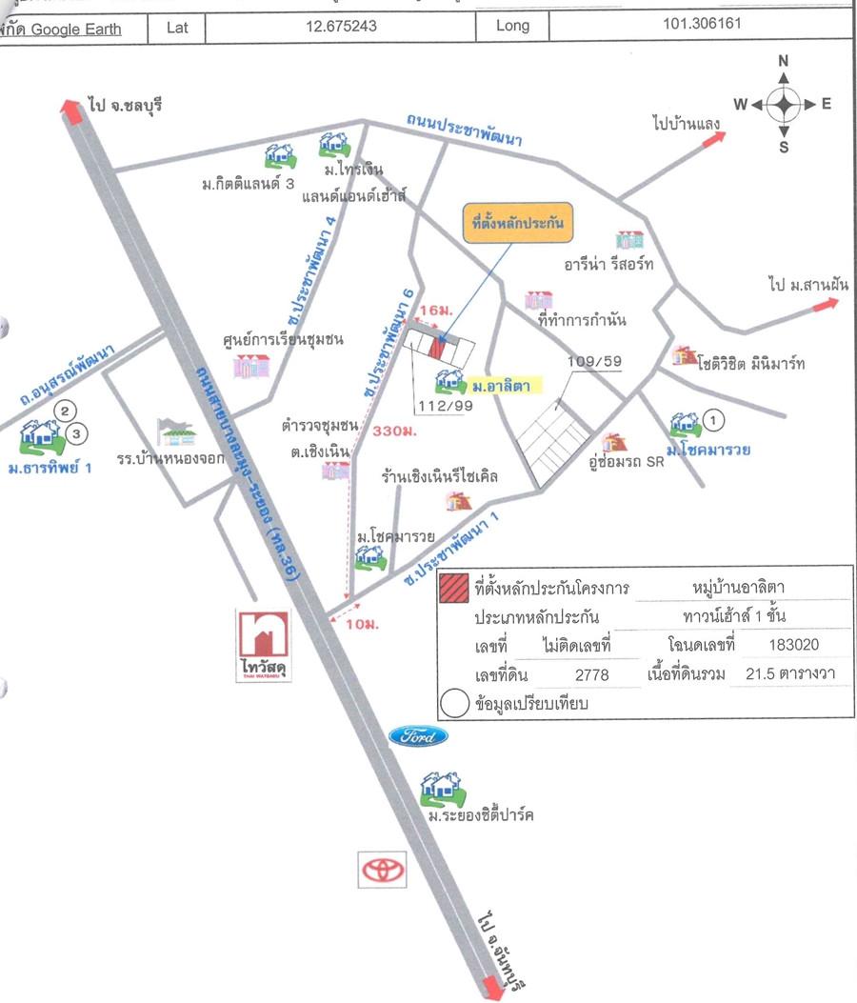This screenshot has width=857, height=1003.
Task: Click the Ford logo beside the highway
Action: [417, 736]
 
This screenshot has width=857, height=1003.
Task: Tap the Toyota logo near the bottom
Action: [382, 869]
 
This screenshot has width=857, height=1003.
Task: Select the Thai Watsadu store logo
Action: [263, 646]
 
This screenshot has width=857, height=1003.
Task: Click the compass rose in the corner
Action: [783, 105]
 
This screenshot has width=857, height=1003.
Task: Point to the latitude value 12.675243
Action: [341, 27]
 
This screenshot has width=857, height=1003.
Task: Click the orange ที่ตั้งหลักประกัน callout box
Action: [512, 223]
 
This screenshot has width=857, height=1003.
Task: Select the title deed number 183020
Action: [793, 645]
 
